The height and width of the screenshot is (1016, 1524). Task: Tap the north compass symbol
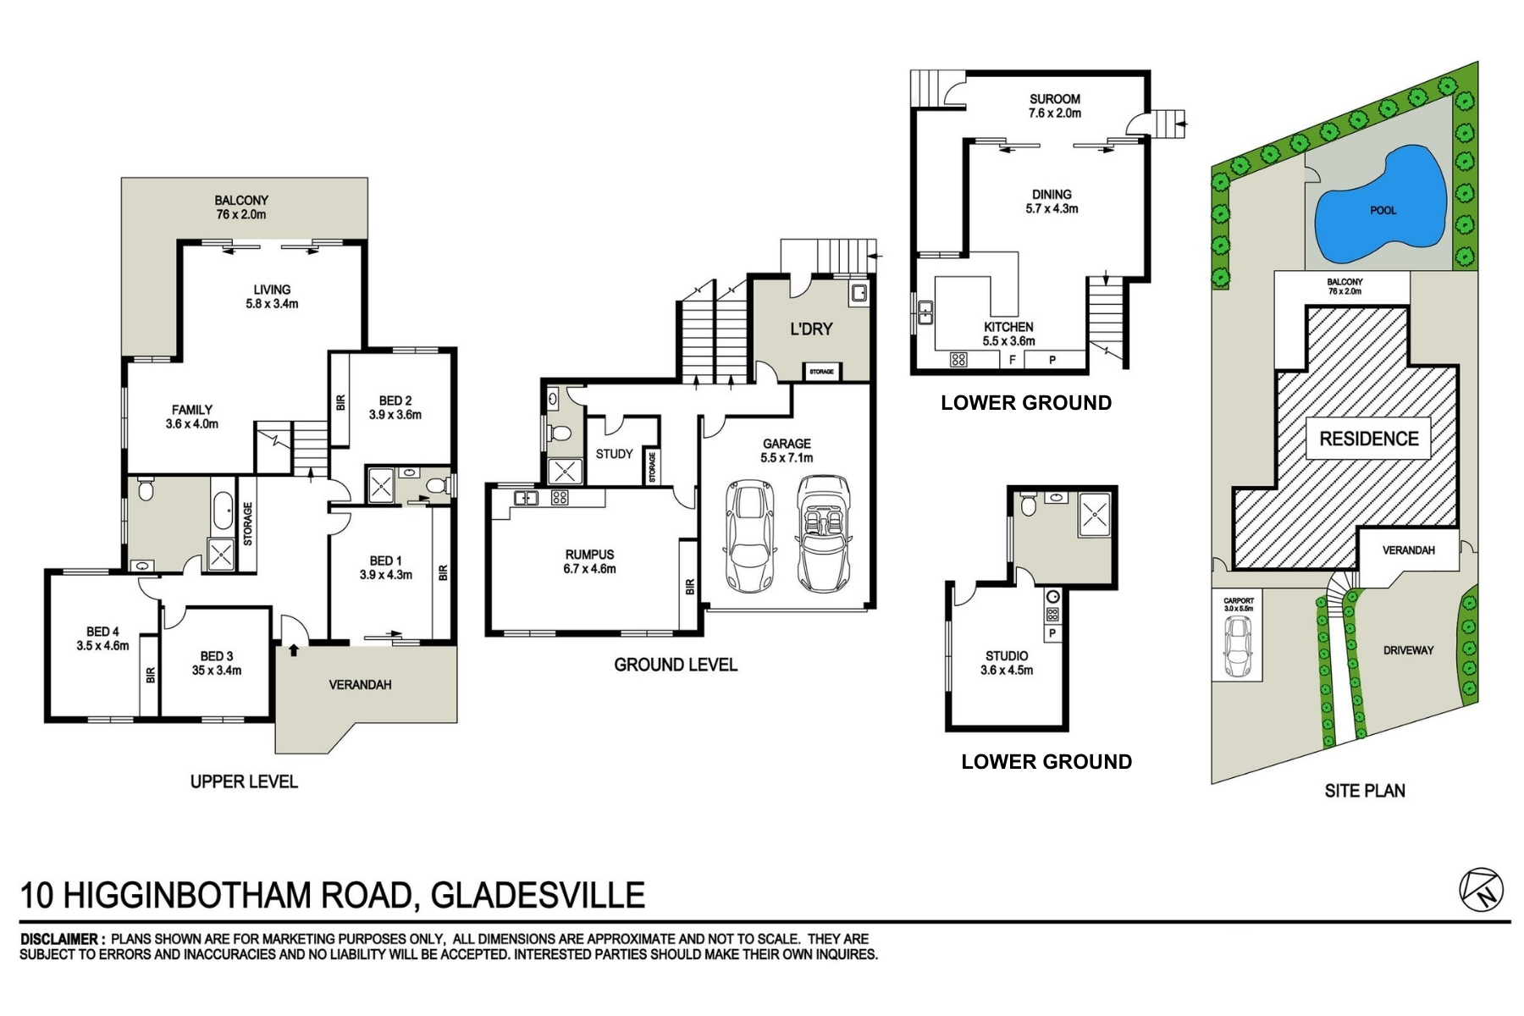(1481, 890)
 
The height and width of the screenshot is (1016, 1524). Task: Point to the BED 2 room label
(395, 400)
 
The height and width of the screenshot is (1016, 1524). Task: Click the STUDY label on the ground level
(614, 454)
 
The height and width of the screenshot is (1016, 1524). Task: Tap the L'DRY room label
(811, 329)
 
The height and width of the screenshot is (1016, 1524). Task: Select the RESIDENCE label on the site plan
(1368, 439)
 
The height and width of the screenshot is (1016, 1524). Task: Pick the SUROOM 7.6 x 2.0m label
(1054, 106)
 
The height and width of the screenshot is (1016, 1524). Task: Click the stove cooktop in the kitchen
(958, 360)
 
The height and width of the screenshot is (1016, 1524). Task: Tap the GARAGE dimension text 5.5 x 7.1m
(787, 458)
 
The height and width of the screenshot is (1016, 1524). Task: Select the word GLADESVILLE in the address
(538, 895)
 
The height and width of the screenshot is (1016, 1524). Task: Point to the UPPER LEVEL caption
(244, 781)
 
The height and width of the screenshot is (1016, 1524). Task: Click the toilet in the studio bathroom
(1028, 505)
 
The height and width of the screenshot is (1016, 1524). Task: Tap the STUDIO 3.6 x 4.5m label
(1007, 662)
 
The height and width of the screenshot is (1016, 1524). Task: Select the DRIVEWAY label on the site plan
(1408, 650)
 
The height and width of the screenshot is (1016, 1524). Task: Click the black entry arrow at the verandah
(294, 650)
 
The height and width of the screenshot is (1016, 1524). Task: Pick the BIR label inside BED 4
(151, 675)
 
